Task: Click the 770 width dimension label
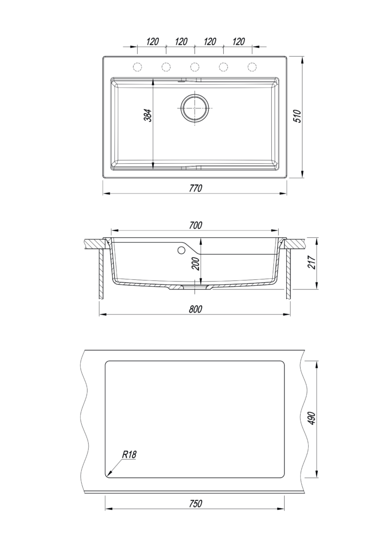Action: (195, 188)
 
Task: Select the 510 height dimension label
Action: (297, 116)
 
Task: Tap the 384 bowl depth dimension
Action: (148, 115)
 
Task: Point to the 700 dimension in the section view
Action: (195, 226)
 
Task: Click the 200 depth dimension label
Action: (195, 264)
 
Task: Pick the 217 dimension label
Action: (312, 262)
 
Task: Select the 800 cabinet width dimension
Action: (195, 309)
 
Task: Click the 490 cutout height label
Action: (311, 418)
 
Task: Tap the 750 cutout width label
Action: (195, 503)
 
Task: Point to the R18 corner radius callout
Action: (129, 454)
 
